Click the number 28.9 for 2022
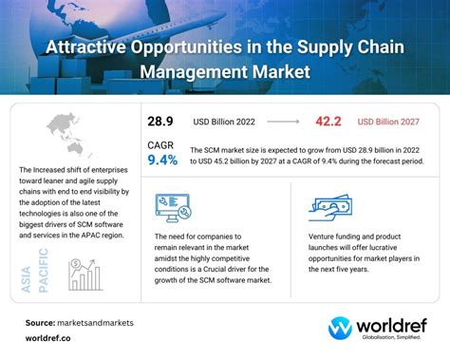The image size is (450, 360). click(x=160, y=123)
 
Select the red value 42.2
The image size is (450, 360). click(x=328, y=123)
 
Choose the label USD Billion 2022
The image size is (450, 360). click(x=223, y=123)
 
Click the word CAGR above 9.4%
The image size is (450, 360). click(x=160, y=143)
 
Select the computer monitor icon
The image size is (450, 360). click(x=172, y=209)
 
